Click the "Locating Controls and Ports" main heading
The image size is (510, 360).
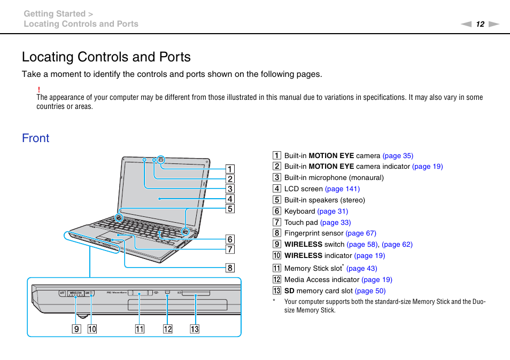[x=106, y=57]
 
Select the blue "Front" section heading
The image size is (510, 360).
[x=36, y=138]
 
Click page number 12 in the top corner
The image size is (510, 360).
[x=480, y=24]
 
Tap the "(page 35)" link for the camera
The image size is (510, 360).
[x=398, y=156]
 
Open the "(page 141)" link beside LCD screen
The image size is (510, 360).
[x=342, y=189]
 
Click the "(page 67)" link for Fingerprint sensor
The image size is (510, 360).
[x=361, y=233]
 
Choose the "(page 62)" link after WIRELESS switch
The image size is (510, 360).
[x=397, y=244]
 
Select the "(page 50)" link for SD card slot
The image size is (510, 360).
[x=370, y=291]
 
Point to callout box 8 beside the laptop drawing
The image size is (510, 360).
[x=230, y=268]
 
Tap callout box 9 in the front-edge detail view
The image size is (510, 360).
[x=77, y=329]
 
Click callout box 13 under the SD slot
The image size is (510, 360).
[x=195, y=329]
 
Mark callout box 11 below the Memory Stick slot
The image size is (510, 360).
[x=140, y=329]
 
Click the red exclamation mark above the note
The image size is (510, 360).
[x=39, y=89]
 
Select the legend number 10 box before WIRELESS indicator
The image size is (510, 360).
[x=277, y=255]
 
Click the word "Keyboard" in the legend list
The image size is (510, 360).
[x=299, y=211]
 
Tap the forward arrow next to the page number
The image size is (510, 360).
[x=493, y=24]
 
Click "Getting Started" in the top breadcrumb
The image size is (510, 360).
[x=55, y=13]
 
